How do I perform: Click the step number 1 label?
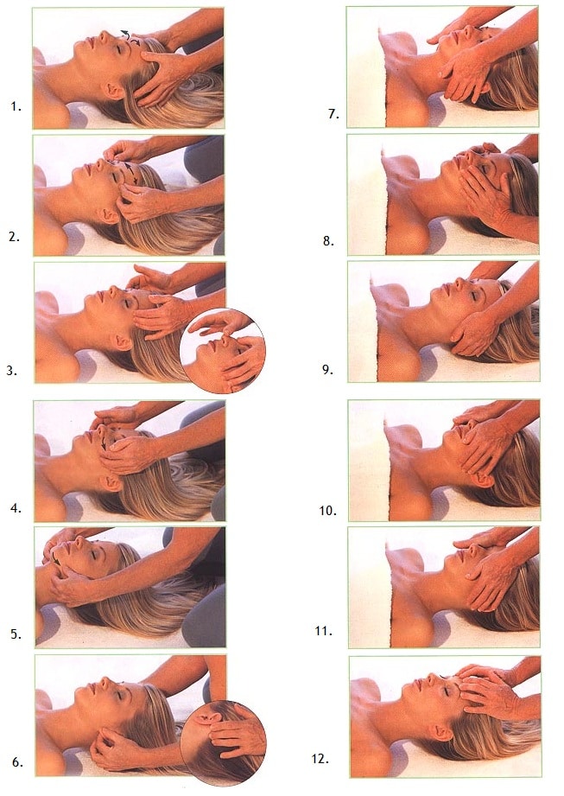coord(16,106)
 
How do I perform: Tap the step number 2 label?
coord(14,237)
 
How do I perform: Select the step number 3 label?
coord(12,371)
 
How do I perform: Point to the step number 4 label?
coord(16,507)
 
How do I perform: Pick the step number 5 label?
coord(16,634)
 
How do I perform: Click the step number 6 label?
coord(17,762)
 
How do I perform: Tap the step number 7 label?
coord(333,114)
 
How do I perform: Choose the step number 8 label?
coord(329,241)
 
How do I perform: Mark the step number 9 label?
coord(327,370)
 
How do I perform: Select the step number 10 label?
coord(327,510)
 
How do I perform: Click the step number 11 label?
coord(324,631)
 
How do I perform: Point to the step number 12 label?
coord(320,759)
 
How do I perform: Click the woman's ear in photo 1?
coord(112,91)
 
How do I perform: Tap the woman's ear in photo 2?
coord(109,215)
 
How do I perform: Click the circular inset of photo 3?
coord(223,350)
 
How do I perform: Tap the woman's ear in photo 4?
coord(111,482)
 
